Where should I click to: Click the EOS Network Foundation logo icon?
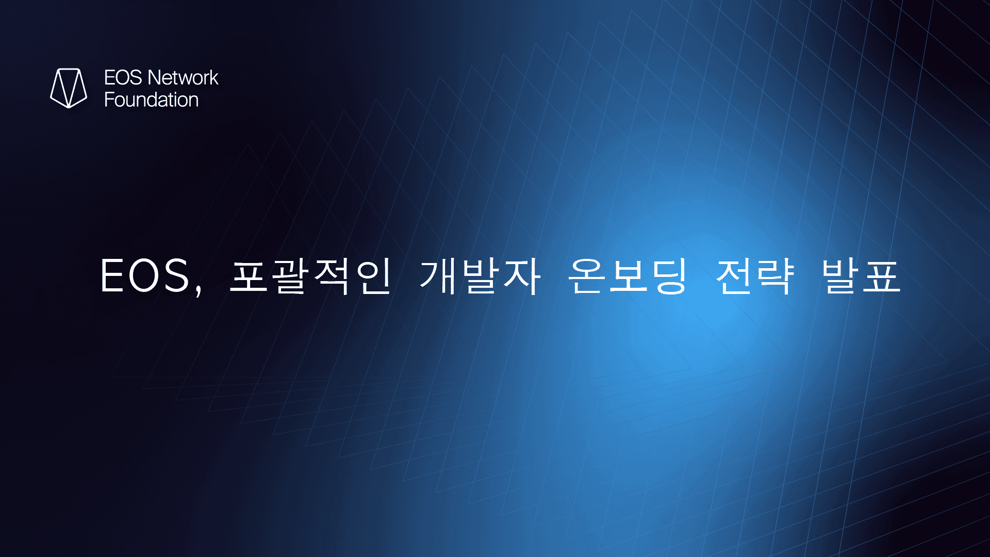tap(69, 88)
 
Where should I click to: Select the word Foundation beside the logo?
tap(151, 100)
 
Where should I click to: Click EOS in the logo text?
tap(123, 78)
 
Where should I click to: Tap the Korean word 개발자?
tap(480, 276)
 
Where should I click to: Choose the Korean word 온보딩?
tap(628, 276)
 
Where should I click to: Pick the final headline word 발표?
tap(861, 276)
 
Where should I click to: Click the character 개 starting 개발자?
tap(438, 276)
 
